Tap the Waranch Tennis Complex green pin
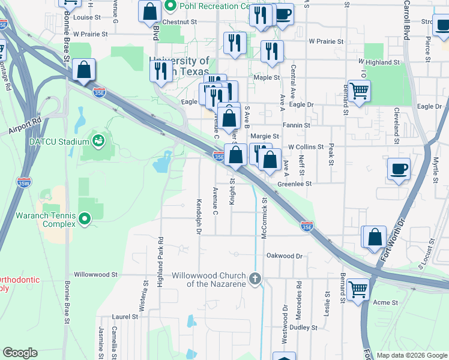click(85, 220)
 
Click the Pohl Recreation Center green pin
click(170, 7)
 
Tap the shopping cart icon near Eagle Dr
click(359, 92)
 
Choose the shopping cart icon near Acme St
click(358, 289)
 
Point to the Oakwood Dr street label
click(285, 256)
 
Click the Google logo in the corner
click(20, 353)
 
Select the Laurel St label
click(125, 316)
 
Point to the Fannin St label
click(297, 125)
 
